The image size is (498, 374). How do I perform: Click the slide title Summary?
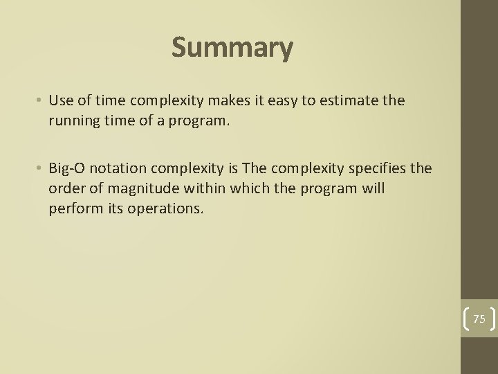click(x=232, y=47)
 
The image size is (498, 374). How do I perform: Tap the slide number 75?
click(x=479, y=319)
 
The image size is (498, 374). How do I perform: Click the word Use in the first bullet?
click(x=59, y=101)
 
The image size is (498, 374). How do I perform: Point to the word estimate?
click(x=349, y=101)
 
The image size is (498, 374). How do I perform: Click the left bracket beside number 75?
click(x=465, y=319)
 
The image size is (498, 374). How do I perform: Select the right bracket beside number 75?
click(x=494, y=319)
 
